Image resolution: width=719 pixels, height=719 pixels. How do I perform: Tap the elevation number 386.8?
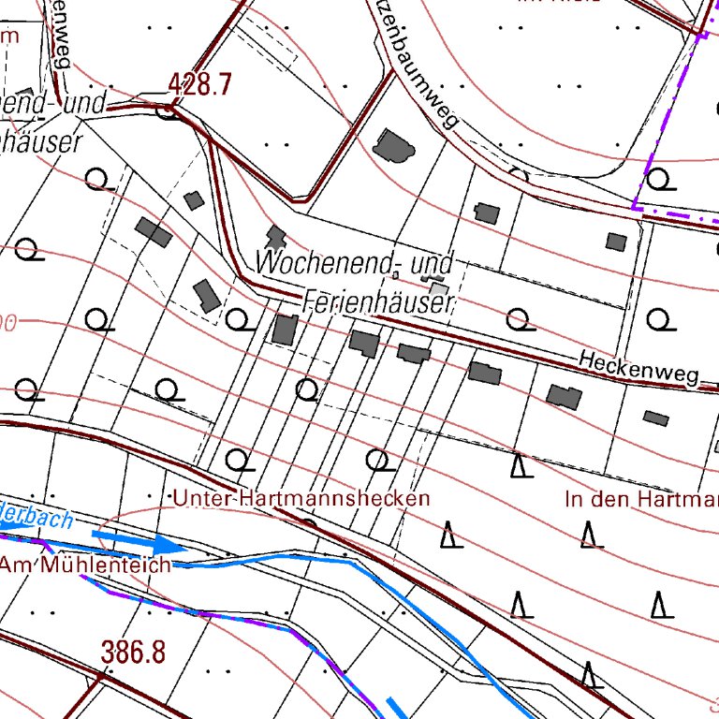pos(133,653)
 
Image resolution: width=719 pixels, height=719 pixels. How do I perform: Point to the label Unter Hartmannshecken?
pos(301,498)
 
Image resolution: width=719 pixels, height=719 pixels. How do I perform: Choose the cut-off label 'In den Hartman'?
pos(641,498)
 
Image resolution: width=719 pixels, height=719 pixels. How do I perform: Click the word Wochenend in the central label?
pos(323,263)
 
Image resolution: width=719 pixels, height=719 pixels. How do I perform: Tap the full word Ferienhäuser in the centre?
pos(378,302)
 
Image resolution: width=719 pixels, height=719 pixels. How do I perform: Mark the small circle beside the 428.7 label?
pos(169,112)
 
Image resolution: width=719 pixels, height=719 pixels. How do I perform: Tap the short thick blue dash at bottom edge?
pos(398,708)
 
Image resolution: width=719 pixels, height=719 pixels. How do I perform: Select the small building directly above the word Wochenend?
pos(275,236)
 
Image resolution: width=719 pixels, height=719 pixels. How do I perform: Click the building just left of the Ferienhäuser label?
pos(285,330)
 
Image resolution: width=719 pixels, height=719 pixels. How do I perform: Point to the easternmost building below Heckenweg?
pos(656,418)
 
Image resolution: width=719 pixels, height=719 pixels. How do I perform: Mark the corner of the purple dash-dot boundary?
pos(635,206)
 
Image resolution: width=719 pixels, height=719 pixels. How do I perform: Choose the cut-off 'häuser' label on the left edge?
pos(38,140)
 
